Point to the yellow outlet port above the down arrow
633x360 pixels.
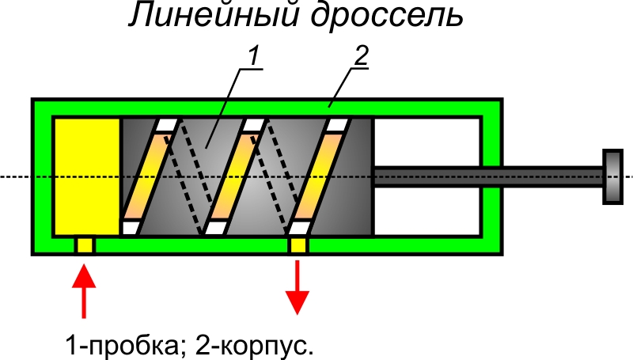[x=298, y=245]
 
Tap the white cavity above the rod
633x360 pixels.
[x=427, y=142]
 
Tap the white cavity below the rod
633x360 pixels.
[x=427, y=210]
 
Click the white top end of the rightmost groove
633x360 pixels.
[x=338, y=125]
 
